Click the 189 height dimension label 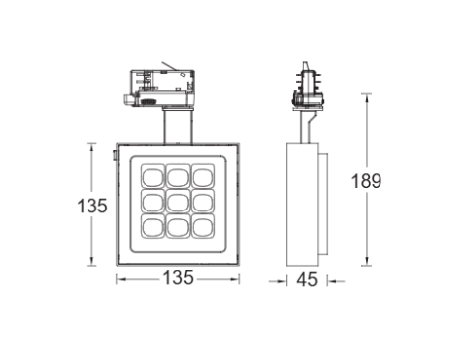pos(367,180)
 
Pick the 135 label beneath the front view pos(177,280)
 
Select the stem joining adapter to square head pos(177,123)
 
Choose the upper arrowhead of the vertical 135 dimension pos(95,147)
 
